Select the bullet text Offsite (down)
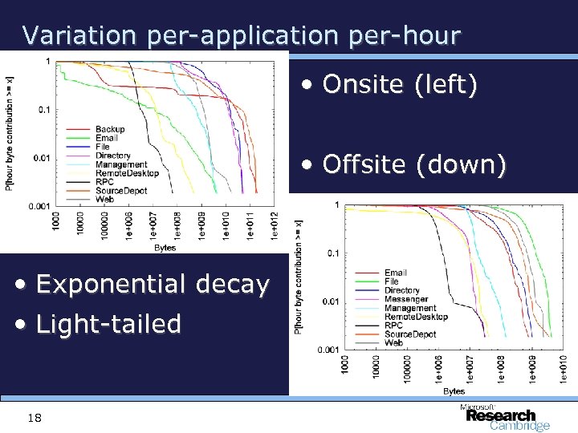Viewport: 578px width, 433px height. click(x=405, y=165)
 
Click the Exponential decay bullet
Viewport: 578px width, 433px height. click(x=145, y=284)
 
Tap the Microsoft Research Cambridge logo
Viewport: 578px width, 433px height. click(x=504, y=417)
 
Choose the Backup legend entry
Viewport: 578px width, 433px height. click(x=110, y=130)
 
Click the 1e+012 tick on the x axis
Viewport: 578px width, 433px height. click(x=275, y=225)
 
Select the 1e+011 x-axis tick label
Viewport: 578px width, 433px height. click(x=250, y=225)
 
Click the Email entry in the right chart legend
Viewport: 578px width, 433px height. click(x=395, y=273)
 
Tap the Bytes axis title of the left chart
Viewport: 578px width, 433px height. click(x=165, y=248)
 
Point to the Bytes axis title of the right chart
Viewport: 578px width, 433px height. click(x=454, y=391)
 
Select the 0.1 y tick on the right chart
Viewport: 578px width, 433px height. click(x=330, y=253)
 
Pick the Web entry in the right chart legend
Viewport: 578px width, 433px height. click(x=393, y=342)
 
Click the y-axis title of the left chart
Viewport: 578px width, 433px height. click(x=10, y=132)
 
